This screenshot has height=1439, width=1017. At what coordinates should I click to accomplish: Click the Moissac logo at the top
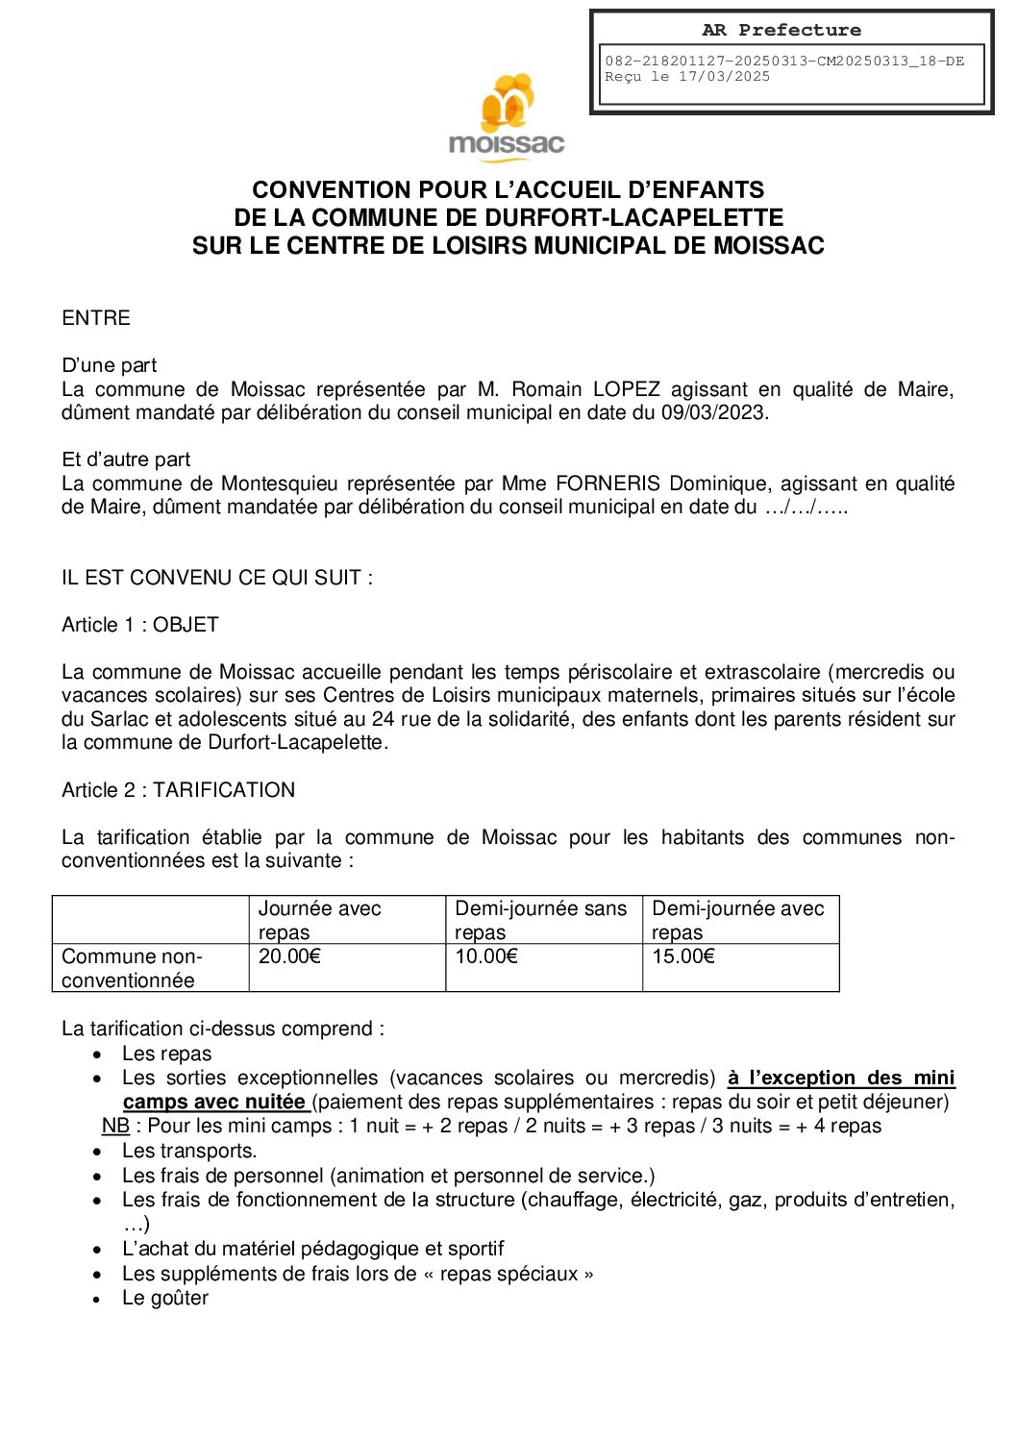507,117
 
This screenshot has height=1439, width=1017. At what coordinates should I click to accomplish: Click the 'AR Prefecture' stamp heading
781,30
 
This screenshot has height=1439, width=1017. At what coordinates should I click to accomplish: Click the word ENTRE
96,318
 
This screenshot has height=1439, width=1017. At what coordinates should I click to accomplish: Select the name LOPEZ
626,389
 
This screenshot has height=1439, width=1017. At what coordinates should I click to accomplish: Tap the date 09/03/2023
714,413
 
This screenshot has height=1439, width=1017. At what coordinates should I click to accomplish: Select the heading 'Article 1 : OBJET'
140,625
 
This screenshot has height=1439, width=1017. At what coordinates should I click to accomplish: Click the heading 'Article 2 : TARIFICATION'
178,790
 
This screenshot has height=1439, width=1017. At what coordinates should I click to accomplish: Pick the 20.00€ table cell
289,956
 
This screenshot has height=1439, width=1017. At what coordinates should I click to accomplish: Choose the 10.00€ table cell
486,956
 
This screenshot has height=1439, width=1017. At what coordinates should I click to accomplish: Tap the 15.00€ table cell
683,956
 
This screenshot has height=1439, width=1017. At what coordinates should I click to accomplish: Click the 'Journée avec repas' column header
319,920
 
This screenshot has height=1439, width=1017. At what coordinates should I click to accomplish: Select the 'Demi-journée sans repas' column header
540,920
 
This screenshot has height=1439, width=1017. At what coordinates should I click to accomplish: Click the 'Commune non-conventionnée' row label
132,968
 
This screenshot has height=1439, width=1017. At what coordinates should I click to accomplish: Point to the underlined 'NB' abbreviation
115,1126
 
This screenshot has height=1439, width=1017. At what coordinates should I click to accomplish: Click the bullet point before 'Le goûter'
98,1300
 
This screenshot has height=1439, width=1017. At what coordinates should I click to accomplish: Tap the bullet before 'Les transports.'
98,1152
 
